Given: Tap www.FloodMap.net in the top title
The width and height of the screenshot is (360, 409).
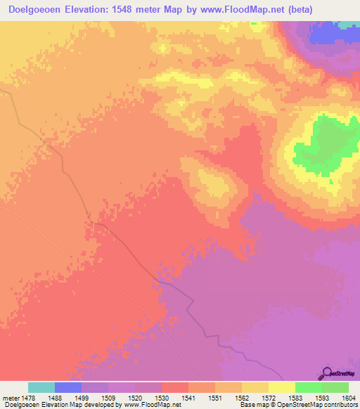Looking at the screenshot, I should pos(231,9).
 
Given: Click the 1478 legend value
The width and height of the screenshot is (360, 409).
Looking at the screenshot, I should pos(27,398).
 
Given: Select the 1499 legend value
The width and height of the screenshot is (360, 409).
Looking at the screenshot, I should pos(81,398).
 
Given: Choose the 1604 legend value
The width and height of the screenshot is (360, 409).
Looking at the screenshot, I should pos(348,398).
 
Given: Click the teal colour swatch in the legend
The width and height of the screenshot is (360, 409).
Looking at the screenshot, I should pos(41,387).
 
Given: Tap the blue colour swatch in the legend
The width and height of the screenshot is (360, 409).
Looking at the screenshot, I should pos(68,387).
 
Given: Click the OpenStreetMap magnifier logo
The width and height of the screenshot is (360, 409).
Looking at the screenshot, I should pos(328,372).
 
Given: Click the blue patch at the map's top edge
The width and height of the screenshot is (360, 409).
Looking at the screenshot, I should pos(330,32).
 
